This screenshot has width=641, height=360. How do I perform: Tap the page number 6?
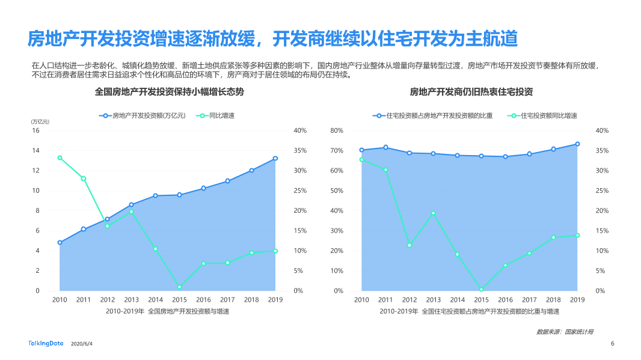click(612, 344)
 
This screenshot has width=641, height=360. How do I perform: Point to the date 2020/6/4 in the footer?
click(82, 344)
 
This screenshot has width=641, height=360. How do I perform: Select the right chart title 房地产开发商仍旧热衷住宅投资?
click(471, 92)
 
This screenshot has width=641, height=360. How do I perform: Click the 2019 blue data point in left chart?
click(275, 159)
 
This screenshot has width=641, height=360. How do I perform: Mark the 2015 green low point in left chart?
click(179, 287)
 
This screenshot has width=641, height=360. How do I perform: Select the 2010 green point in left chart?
click(60, 158)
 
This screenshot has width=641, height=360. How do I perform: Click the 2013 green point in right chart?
click(434, 213)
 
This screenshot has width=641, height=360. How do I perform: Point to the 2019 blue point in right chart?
click(577, 144)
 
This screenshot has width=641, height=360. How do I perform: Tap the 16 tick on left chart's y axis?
click(36, 130)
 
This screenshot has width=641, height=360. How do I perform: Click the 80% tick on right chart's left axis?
click(337, 130)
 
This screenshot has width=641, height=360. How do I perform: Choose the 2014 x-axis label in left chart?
click(155, 299)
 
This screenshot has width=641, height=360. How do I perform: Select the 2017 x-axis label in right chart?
click(529, 299)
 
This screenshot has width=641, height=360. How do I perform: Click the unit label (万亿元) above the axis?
click(40, 122)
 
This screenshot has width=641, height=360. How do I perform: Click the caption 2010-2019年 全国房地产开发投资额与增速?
click(167, 311)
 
